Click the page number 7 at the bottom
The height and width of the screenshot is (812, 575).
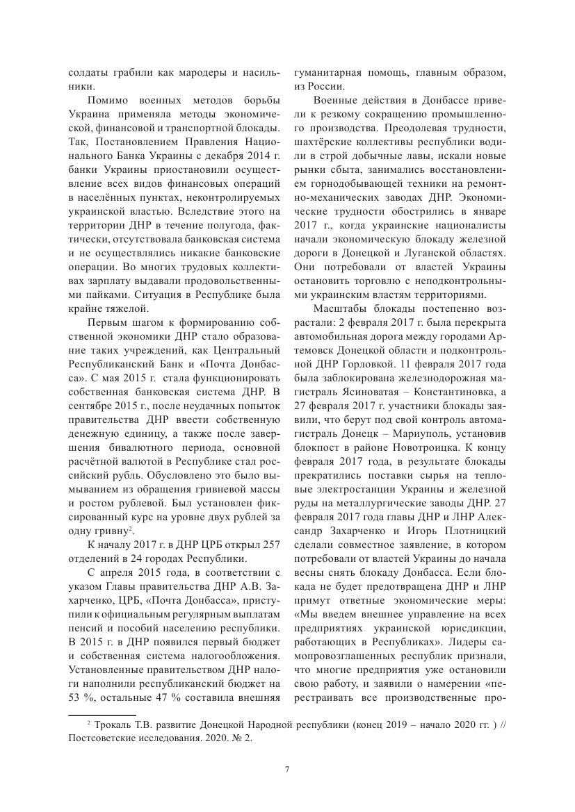287,769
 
